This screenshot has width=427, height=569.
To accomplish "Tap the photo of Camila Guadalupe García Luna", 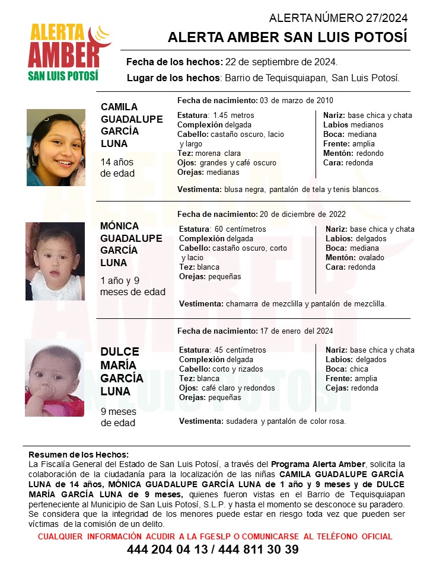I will (x=56, y=148).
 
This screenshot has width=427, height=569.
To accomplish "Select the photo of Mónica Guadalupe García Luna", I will (x=55, y=261).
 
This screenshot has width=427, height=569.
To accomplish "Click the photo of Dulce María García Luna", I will (x=54, y=378).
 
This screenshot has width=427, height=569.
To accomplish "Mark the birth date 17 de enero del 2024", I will (x=297, y=331).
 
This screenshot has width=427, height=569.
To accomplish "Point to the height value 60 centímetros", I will (x=240, y=229).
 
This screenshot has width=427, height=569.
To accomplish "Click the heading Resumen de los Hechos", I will (x=78, y=455).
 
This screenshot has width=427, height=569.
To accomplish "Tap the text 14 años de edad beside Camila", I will (x=117, y=168).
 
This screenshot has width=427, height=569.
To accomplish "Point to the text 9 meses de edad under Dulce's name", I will (x=117, y=417).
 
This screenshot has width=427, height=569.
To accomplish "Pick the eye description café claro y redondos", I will (x=237, y=388).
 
